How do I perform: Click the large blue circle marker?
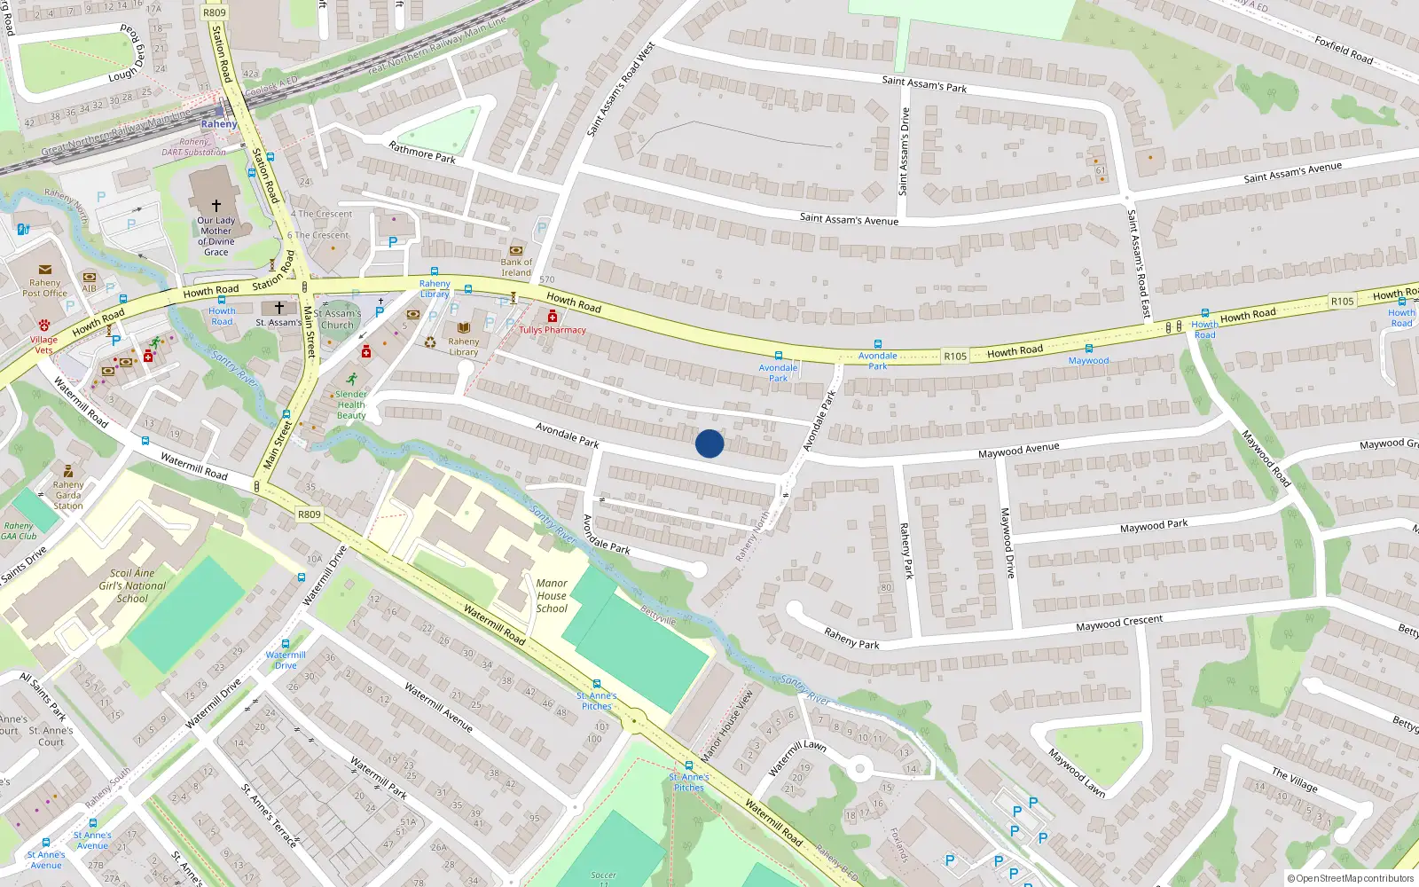point(709,443)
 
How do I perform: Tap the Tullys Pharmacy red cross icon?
point(552,317)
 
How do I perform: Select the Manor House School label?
point(552,595)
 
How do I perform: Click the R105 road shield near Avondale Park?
point(954,357)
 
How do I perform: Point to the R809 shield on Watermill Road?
point(309,514)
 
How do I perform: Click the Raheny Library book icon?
point(463,328)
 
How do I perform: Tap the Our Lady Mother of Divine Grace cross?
point(216,205)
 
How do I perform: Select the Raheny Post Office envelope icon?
point(44,270)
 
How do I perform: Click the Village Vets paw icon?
point(43,326)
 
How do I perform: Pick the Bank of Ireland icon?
point(516,250)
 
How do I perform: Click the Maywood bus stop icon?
point(1088,349)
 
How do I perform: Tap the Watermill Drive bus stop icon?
point(285,644)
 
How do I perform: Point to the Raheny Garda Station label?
point(68,495)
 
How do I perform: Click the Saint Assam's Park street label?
point(924,84)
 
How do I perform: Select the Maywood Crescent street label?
point(1118,624)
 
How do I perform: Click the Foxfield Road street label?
point(1344,50)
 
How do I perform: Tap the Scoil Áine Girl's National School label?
point(132,585)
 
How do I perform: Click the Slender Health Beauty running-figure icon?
point(352,379)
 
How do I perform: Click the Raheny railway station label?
point(219,124)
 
